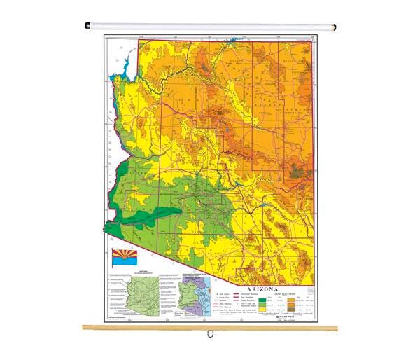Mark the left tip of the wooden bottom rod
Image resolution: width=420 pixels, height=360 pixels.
point(83,327)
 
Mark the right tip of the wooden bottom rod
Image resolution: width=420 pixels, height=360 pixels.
point(336,327)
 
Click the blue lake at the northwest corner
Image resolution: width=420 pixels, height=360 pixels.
point(127,68)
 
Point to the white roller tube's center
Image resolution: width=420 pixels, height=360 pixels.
point(210,27)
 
